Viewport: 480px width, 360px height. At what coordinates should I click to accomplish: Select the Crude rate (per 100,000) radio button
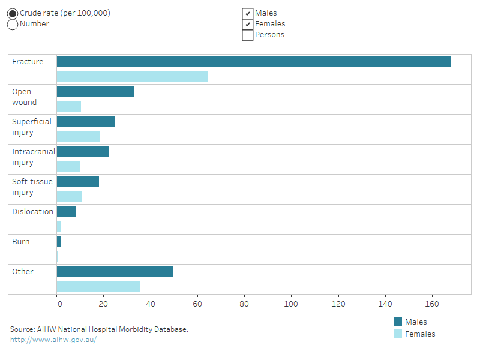pyautogui.click(x=13, y=13)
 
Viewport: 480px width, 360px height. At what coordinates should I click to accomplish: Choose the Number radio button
pyautogui.click(x=13, y=24)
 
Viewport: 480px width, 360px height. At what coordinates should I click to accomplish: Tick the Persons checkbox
pyautogui.click(x=247, y=35)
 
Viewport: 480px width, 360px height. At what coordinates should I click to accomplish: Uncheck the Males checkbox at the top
pyautogui.click(x=247, y=13)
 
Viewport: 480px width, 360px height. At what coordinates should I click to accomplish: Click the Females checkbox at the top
pyautogui.click(x=247, y=24)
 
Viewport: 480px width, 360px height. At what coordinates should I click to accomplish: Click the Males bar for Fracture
pyautogui.click(x=254, y=62)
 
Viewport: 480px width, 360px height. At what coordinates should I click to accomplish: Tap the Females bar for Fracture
pyautogui.click(x=132, y=76)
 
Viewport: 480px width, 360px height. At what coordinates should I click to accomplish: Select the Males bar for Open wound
pyautogui.click(x=95, y=92)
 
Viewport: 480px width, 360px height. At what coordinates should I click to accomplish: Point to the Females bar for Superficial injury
pyautogui.click(x=78, y=136)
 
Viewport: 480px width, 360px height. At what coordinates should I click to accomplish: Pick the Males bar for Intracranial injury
pyautogui.click(x=83, y=152)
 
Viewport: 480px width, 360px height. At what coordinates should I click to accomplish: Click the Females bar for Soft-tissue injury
pyautogui.click(x=69, y=196)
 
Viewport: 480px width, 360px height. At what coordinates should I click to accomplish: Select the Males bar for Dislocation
pyautogui.click(x=66, y=212)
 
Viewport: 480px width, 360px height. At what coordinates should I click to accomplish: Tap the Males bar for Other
pyautogui.click(x=115, y=272)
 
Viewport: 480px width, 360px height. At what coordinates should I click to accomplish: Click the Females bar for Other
pyautogui.click(x=98, y=286)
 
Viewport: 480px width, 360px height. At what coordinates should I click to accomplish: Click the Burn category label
pyautogui.click(x=21, y=242)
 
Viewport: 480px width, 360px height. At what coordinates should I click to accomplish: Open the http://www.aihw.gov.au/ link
pyautogui.click(x=53, y=340)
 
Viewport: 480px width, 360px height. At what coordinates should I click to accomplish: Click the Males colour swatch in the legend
pyautogui.click(x=398, y=322)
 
